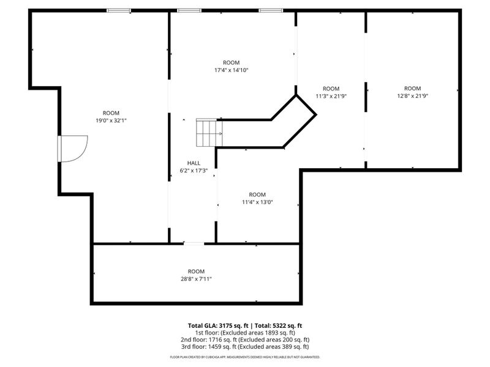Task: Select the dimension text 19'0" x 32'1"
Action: click(x=111, y=120)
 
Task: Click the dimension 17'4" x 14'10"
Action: click(x=231, y=70)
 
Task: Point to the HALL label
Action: click(x=194, y=163)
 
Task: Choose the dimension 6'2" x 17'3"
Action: click(x=194, y=171)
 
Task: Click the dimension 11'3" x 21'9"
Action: click(x=331, y=96)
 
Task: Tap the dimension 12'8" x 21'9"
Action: click(x=412, y=95)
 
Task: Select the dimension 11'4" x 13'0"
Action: click(x=257, y=202)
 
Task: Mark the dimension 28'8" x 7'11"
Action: click(x=196, y=279)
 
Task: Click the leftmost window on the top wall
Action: click(x=119, y=10)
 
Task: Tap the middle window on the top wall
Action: click(x=189, y=10)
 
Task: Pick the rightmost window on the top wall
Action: click(x=271, y=10)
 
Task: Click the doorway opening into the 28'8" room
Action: click(x=194, y=243)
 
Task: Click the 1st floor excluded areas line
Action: click(x=245, y=333)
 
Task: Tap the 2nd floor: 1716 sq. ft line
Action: click(x=245, y=339)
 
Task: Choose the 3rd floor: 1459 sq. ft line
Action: click(x=245, y=347)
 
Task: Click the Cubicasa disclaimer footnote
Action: click(x=245, y=357)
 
